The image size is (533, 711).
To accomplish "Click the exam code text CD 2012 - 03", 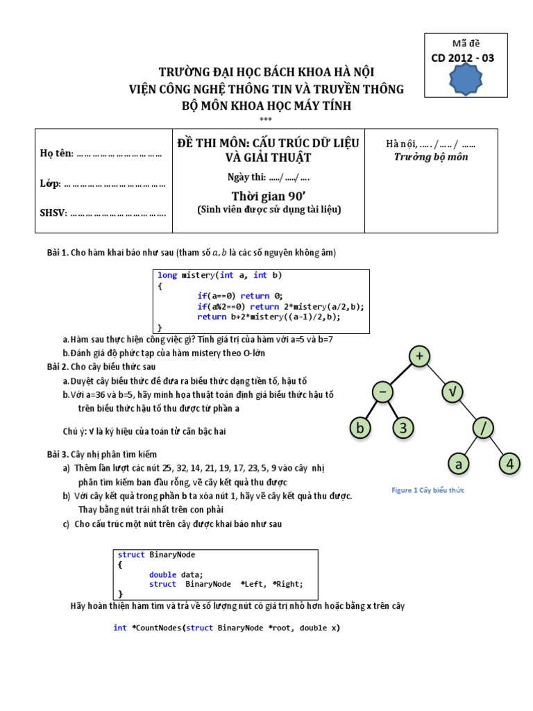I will click(462, 58).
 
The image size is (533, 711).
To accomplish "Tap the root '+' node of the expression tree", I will click(419, 357).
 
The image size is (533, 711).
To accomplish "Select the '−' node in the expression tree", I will click(382, 393).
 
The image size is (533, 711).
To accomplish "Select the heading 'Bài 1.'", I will click(58, 252).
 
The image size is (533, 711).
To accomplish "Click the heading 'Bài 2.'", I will click(58, 366).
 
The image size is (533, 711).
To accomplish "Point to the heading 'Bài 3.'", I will click(58, 454).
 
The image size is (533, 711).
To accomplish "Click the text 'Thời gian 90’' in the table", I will click(269, 196).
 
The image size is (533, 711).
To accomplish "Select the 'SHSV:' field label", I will click(53, 212).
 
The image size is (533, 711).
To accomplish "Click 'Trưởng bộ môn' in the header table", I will click(430, 157).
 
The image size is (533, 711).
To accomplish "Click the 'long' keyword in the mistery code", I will click(167, 276).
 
